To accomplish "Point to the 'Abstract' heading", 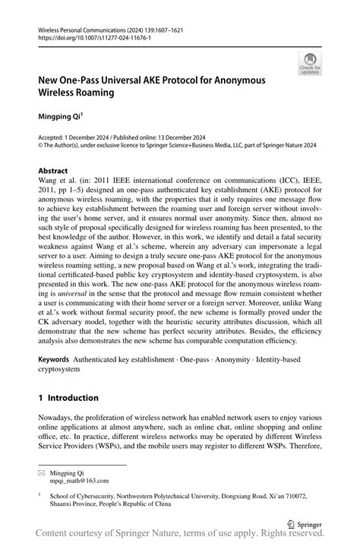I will [x=52, y=171].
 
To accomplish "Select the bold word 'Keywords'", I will [x=55, y=357].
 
